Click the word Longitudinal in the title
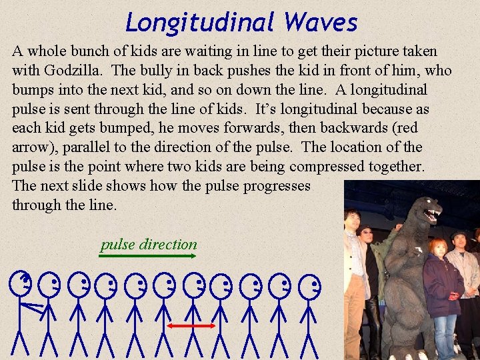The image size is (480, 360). click(x=199, y=23)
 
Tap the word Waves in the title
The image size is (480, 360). click(x=321, y=23)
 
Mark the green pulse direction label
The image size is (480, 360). click(x=149, y=244)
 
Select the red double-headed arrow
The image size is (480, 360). click(x=191, y=325)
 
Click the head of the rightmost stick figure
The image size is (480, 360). click(x=309, y=288)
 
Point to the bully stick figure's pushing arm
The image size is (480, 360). click(x=31, y=307)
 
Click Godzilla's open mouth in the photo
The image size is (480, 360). click(x=431, y=215)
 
